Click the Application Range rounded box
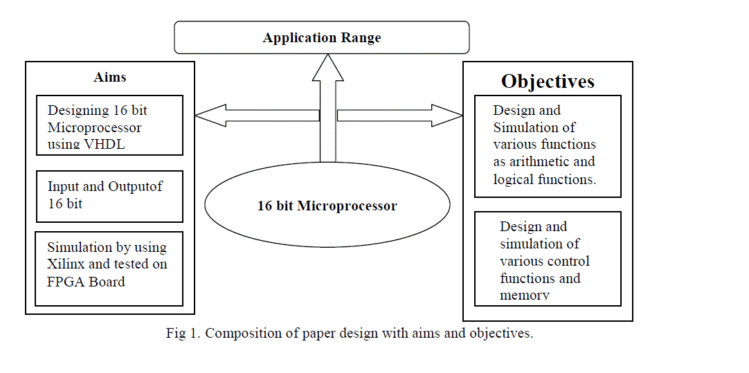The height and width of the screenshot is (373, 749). pyautogui.click(x=321, y=37)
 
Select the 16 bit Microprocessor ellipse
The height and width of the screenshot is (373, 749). pyautogui.click(x=327, y=206)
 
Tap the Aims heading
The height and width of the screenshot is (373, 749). pyautogui.click(x=110, y=77)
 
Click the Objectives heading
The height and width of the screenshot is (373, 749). pyautogui.click(x=548, y=81)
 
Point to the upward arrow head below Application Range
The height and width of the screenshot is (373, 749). pyautogui.click(x=327, y=69)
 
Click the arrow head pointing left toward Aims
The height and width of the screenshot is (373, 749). pyautogui.click(x=210, y=115)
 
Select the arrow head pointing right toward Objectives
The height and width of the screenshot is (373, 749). pyautogui.click(x=446, y=115)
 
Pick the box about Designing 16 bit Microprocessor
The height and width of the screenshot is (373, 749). pyautogui.click(x=109, y=125)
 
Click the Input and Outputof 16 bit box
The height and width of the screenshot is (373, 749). pyautogui.click(x=109, y=194)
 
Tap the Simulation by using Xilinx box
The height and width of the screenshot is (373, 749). pyautogui.click(x=109, y=269)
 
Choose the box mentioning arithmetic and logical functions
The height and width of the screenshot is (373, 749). pyautogui.click(x=547, y=145)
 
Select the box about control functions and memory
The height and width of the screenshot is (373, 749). pyautogui.click(x=547, y=259)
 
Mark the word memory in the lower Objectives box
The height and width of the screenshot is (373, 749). pyautogui.click(x=525, y=295)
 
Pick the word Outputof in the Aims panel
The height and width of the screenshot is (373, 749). pyautogui.click(x=136, y=187)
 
